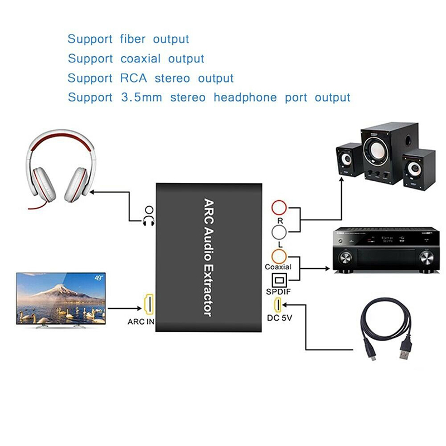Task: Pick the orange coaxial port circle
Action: (x=279, y=256)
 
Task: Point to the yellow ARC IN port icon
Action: (x=149, y=305)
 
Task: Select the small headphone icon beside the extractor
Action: (x=148, y=216)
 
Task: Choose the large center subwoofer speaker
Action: (x=382, y=156)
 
